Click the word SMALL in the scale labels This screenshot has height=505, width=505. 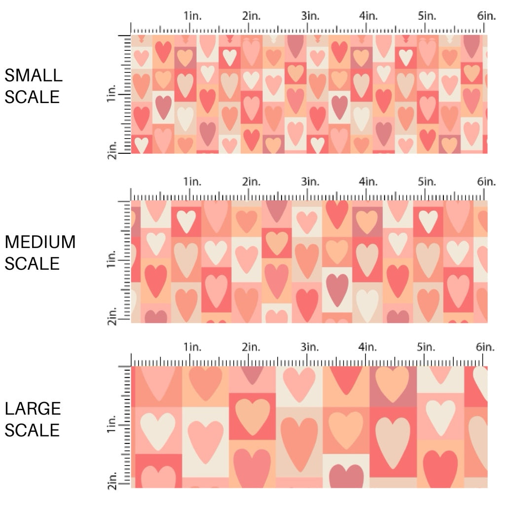tap(34, 75)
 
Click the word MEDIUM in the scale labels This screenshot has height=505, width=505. tap(40, 242)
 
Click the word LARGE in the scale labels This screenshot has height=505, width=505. tap(33, 408)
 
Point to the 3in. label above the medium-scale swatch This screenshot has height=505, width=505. tap(310, 182)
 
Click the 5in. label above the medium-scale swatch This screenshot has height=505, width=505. tap(428, 182)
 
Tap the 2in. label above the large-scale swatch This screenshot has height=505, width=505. tap(252, 347)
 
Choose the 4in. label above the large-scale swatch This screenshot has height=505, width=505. tap(369, 347)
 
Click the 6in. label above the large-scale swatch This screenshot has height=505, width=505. tap(486, 347)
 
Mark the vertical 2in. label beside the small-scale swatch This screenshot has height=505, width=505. tap(112, 150)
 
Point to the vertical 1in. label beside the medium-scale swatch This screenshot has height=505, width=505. tap(112, 260)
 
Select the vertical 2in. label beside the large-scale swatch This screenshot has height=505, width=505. tap(112, 481)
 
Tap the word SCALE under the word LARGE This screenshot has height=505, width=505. tap(33, 430)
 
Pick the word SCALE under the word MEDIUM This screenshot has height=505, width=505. tap(33, 264)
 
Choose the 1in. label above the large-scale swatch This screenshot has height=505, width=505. tap(193, 347)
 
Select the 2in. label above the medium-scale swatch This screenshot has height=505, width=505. tap(252, 182)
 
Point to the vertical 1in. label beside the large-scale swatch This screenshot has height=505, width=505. tap(112, 425)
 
